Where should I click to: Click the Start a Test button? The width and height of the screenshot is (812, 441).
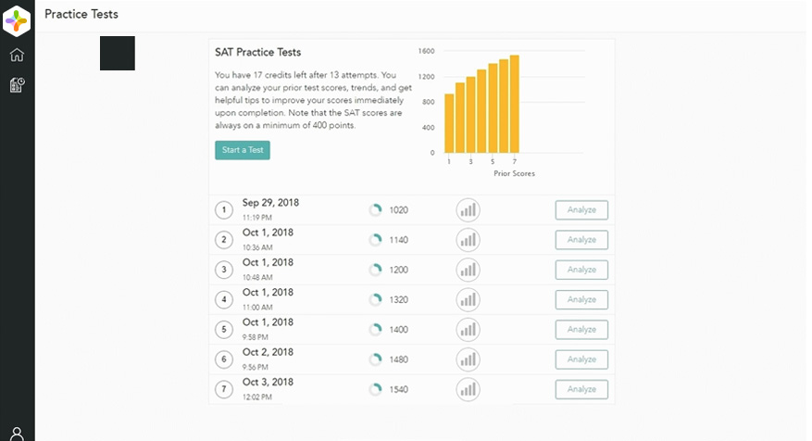[x=243, y=150]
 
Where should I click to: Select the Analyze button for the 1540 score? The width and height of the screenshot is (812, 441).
[x=581, y=389]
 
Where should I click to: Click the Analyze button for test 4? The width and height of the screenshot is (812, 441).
[x=581, y=299]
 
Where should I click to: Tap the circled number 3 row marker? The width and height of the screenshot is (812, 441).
[x=224, y=270]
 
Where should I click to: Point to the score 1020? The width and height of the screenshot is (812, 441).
[x=398, y=210]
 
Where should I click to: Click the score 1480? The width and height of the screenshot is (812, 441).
[x=398, y=359]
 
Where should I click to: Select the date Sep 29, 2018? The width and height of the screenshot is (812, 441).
[x=270, y=203]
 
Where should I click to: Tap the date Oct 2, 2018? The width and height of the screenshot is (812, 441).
[x=268, y=352]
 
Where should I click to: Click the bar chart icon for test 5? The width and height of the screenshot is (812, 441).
[x=468, y=329]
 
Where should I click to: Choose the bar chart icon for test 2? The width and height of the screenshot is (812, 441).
[x=468, y=240]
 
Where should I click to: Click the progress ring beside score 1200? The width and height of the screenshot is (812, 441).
[x=375, y=270]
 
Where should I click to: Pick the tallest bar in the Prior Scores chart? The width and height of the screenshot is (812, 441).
[x=515, y=104]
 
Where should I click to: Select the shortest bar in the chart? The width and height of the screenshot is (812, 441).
[x=450, y=123]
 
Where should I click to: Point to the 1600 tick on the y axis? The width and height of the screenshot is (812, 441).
[x=426, y=51]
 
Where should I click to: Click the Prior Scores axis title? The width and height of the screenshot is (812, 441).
[x=514, y=173]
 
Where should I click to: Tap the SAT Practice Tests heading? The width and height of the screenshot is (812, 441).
[x=257, y=52]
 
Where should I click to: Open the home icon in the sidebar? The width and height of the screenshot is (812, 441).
[x=17, y=55]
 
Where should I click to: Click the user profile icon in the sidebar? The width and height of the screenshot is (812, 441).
[x=17, y=433]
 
